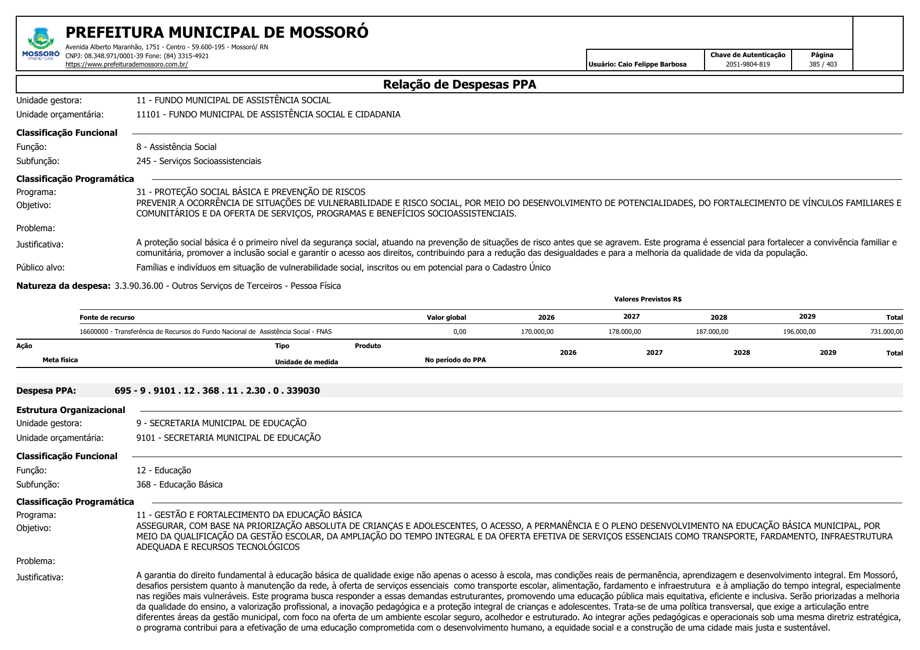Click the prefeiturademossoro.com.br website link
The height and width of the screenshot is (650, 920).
[x=126, y=64]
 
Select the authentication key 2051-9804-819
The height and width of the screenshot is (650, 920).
[x=748, y=64]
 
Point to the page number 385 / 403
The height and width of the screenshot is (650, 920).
[x=822, y=64]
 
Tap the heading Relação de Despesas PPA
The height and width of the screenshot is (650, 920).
[x=459, y=84]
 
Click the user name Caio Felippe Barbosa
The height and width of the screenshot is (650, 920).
[x=652, y=64]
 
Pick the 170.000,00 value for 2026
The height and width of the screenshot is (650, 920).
[x=537, y=332]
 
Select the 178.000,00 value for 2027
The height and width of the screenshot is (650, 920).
[x=624, y=332]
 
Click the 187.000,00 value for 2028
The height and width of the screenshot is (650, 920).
[x=712, y=332]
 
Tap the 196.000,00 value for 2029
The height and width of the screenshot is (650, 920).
[x=799, y=332]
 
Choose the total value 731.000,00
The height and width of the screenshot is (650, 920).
[x=886, y=332]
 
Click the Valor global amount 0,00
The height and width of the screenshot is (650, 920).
[x=459, y=332]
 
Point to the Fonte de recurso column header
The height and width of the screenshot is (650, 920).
[x=107, y=318]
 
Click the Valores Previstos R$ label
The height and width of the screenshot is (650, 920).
[x=647, y=299]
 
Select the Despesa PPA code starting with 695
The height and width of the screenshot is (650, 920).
[x=217, y=391]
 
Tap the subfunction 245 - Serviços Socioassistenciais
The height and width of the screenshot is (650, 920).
[x=199, y=161]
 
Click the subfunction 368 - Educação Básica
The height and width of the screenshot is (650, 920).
[x=179, y=485]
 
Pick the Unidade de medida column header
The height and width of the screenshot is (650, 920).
[x=306, y=362]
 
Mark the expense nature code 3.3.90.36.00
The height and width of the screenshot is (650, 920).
[x=139, y=286]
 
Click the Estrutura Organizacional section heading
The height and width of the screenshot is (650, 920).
[x=71, y=410]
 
